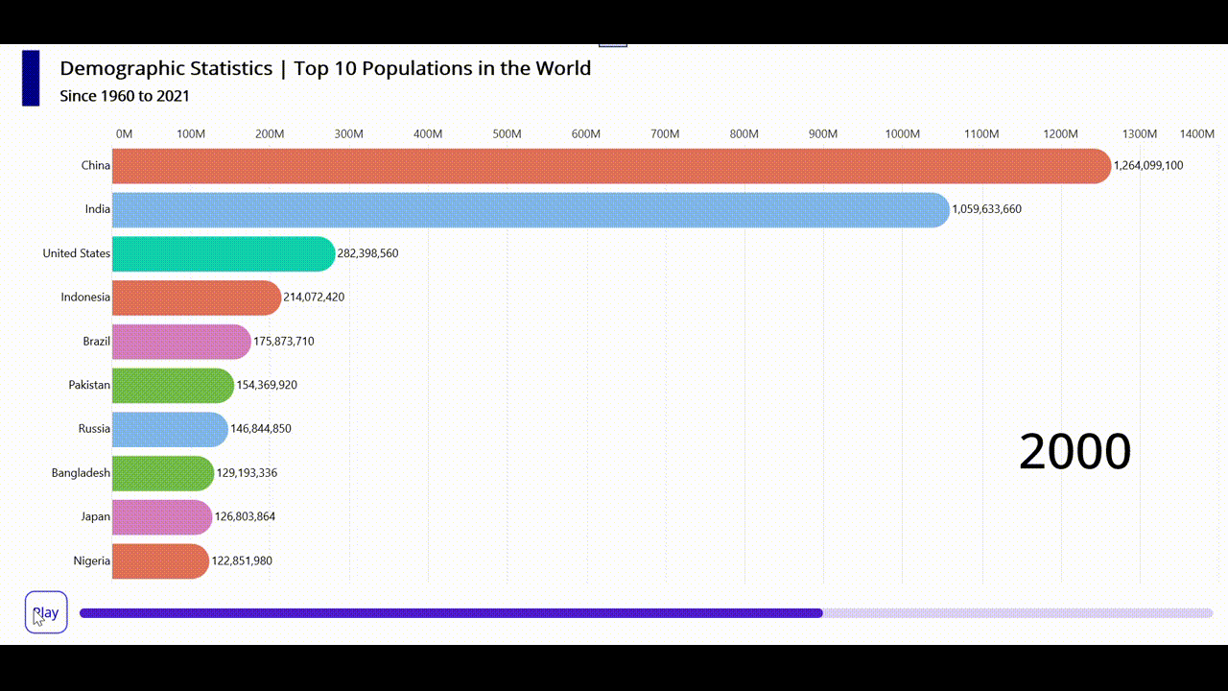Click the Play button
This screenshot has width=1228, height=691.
[46, 612]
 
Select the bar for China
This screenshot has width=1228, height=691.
[610, 166]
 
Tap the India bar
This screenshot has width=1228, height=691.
[530, 209]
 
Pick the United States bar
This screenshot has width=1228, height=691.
[223, 253]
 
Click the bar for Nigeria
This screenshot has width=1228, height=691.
[159, 560]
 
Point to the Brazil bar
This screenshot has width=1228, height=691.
[180, 342]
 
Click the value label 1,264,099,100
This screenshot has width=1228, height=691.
[1148, 165]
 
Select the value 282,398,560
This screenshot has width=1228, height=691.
[367, 253]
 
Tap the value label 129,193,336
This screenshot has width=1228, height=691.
[247, 473]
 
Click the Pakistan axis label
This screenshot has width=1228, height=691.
[89, 385]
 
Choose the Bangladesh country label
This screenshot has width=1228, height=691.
[81, 473]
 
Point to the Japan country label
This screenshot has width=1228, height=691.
[95, 516]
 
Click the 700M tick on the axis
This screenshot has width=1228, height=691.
[665, 133]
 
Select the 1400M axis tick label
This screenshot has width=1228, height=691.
[1196, 133]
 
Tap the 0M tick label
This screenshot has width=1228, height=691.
[124, 133]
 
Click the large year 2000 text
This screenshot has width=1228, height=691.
[1074, 451]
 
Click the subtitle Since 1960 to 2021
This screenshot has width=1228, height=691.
[125, 96]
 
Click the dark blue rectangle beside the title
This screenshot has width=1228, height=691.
[31, 78]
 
